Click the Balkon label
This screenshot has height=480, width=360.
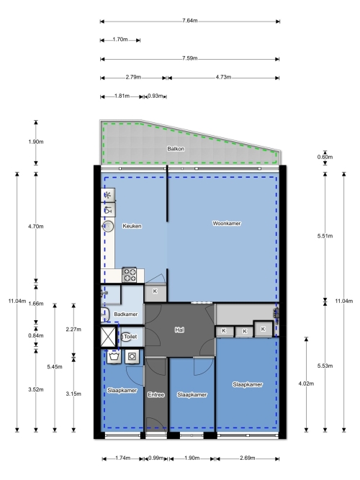point(176,149)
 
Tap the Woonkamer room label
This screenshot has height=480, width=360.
point(226,224)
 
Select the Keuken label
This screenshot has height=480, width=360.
point(132,226)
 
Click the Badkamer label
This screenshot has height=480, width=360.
point(125,314)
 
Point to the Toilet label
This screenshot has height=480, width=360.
point(130,336)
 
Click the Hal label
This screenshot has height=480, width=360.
point(179,330)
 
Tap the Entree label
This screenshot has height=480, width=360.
point(156,394)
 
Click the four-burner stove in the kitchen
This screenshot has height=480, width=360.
point(130,275)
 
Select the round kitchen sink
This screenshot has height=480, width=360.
point(108,227)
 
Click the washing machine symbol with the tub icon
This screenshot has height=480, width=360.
point(114,357)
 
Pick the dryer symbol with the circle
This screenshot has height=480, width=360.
point(132,357)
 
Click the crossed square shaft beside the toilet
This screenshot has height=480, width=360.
point(109,336)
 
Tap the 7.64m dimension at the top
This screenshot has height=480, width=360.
point(190,21)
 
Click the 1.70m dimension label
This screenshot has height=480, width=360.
point(120,40)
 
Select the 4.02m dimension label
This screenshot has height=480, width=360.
point(306,384)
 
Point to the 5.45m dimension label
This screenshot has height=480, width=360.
point(55,367)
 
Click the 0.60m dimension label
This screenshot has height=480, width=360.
point(325,157)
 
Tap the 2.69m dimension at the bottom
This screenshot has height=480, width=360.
point(248,458)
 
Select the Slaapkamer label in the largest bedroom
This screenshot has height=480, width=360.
point(247,384)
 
